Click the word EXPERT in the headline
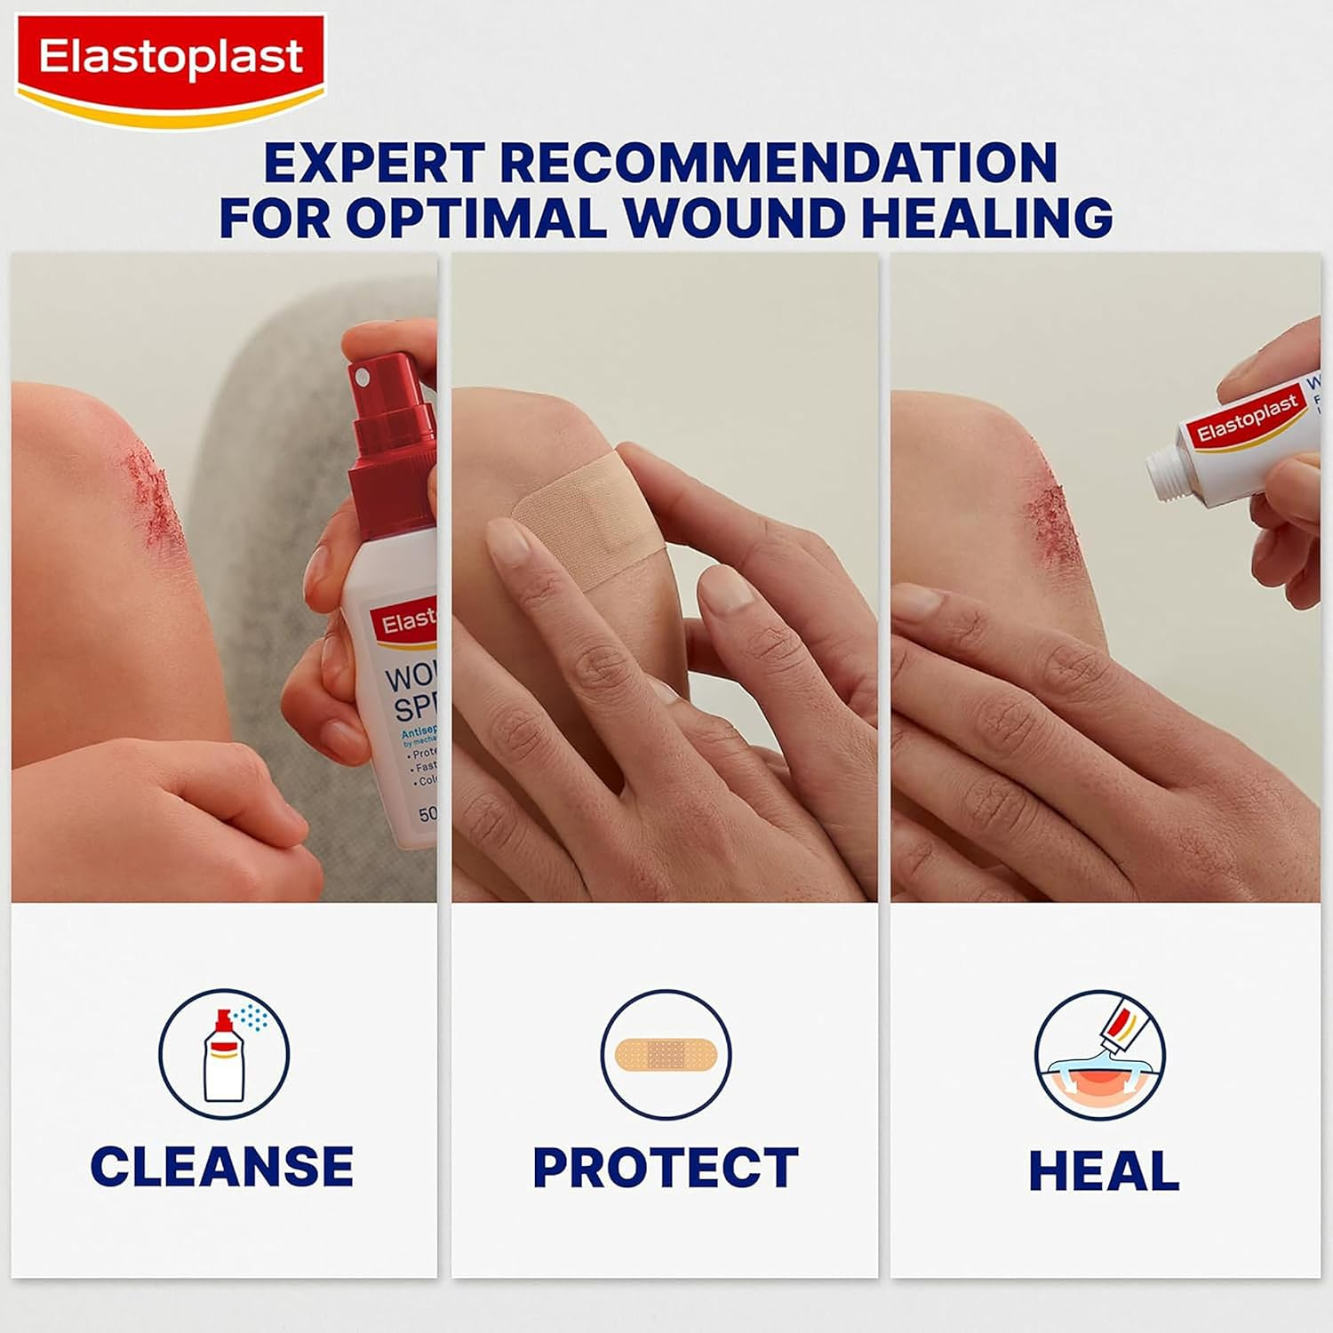[373, 164]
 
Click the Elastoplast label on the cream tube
[1247, 420]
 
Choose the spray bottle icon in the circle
[224, 1055]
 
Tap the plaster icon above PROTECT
[666, 1055]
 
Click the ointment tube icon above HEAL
[1100, 1055]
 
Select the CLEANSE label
[222, 1167]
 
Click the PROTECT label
[666, 1167]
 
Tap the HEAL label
[1104, 1170]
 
